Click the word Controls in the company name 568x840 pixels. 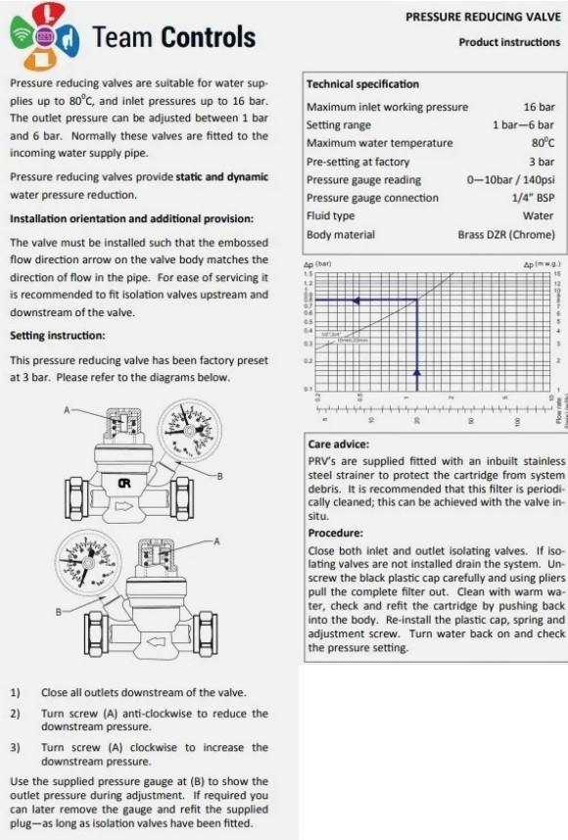pyautogui.click(x=209, y=38)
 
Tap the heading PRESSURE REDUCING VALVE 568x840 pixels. pyautogui.click(x=482, y=17)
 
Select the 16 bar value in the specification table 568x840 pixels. pyautogui.click(x=539, y=107)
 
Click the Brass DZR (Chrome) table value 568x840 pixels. pyautogui.click(x=505, y=235)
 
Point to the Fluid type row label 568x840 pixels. pyautogui.click(x=330, y=216)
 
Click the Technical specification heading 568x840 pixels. pyautogui.click(x=361, y=84)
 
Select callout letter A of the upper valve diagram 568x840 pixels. pyautogui.click(x=68, y=410)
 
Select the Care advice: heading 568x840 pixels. pyautogui.click(x=338, y=443)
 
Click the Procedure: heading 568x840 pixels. pyautogui.click(x=336, y=533)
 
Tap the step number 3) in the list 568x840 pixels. pyautogui.click(x=15, y=747)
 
